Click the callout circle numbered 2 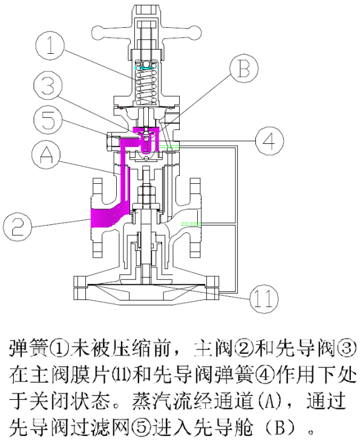(x=19, y=227)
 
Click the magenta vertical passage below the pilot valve (x=126, y=175)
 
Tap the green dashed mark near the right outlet (x=191, y=224)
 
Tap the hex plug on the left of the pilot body (x=113, y=140)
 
